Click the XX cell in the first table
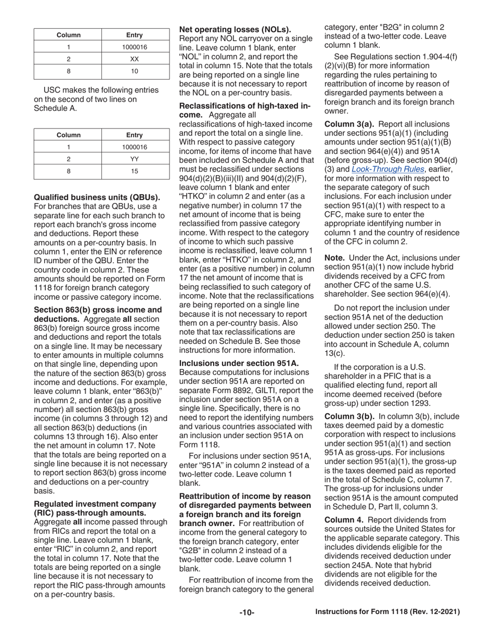click(134, 59)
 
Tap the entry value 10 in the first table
click(134, 71)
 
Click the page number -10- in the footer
click(246, 613)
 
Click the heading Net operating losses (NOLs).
click(235, 30)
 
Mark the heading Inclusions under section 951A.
click(239, 363)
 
